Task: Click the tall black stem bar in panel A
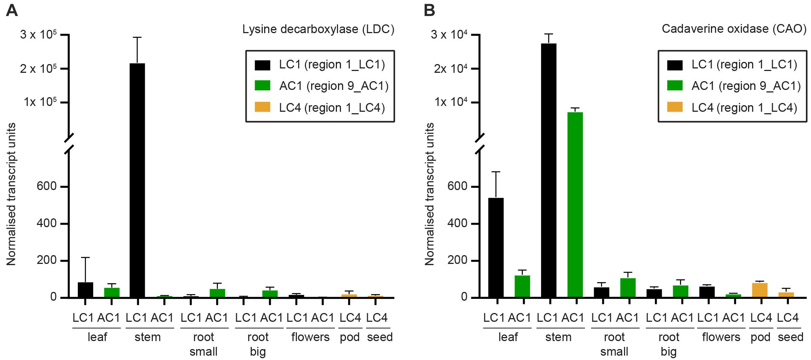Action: click(137, 180)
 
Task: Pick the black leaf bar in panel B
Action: click(496, 248)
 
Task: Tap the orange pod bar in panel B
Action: click(759, 290)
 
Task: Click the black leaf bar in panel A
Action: click(86, 290)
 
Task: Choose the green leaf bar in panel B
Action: click(522, 286)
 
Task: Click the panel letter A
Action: click(12, 11)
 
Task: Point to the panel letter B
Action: click(429, 11)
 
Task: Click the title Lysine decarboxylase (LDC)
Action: click(318, 29)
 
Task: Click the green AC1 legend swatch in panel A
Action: click(262, 86)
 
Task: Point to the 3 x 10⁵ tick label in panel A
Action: click(38, 35)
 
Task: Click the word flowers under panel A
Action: click(310, 337)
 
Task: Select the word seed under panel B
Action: click(791, 337)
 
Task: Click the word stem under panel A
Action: click(147, 337)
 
